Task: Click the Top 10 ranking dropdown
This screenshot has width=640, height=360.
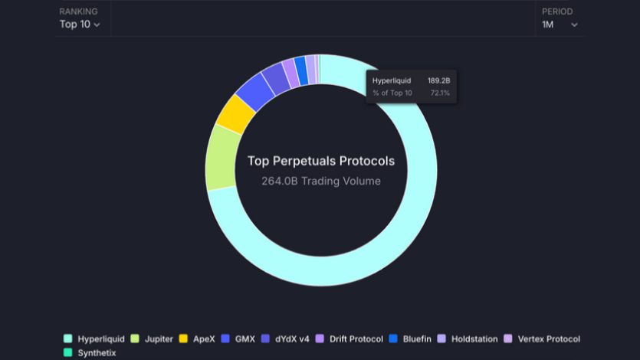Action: [80, 25]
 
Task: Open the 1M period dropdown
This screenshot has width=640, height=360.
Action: [560, 25]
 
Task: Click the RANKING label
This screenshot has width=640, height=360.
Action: [79, 11]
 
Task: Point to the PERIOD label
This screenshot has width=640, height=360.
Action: [557, 11]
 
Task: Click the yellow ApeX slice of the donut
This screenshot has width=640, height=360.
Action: [235, 113]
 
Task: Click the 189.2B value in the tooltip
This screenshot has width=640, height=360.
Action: [438, 80]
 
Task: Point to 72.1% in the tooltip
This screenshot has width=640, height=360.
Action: [440, 93]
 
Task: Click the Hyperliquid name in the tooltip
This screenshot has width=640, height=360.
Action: [392, 80]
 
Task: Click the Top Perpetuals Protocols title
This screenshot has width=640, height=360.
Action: [320, 161]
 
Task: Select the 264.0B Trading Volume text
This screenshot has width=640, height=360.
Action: [320, 182]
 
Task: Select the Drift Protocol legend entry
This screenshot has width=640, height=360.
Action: [350, 339]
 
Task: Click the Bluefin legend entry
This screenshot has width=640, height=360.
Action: [413, 339]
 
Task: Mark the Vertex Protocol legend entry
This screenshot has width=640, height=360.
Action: [542, 339]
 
